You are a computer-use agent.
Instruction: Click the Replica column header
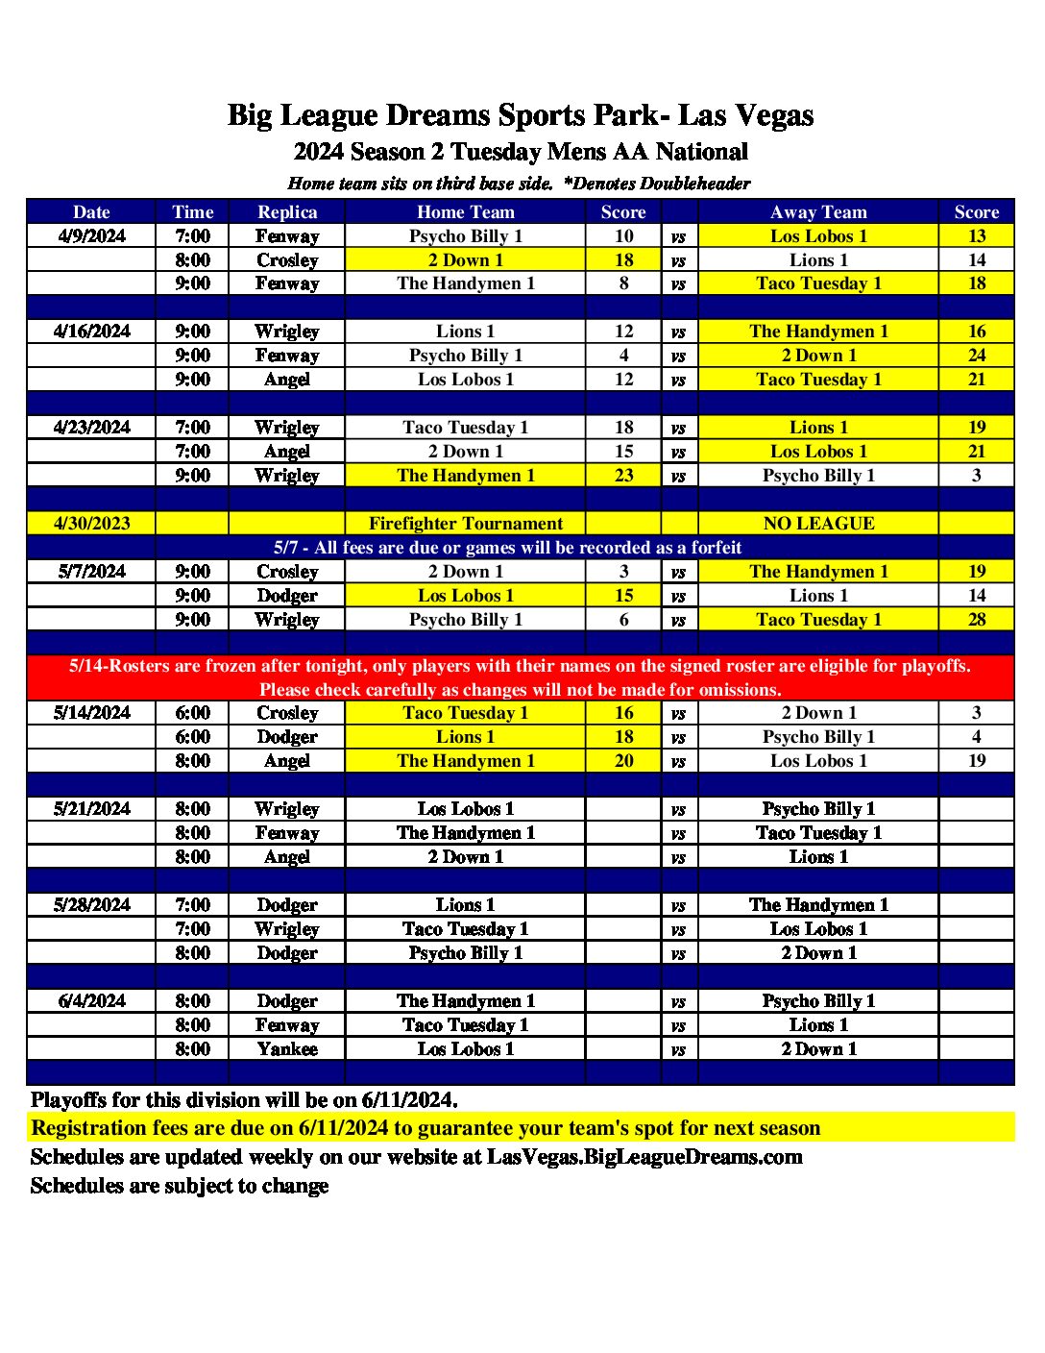click(287, 212)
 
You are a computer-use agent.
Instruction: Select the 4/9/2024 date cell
click(91, 236)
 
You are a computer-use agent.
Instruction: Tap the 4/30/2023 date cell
click(91, 524)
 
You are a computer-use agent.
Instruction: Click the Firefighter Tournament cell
click(465, 524)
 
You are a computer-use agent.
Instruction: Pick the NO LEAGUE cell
click(818, 524)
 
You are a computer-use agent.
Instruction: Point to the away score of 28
click(976, 620)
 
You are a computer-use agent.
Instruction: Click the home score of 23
click(623, 476)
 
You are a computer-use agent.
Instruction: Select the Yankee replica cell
click(287, 1049)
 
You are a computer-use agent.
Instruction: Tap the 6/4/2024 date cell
click(91, 1001)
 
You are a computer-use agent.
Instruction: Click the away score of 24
click(976, 356)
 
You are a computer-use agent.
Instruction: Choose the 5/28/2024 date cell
click(91, 905)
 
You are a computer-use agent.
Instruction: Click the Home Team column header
click(465, 212)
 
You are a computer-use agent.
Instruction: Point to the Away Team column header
click(818, 212)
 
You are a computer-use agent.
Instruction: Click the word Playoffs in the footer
click(68, 1100)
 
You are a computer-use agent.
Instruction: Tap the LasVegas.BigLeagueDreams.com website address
click(644, 1157)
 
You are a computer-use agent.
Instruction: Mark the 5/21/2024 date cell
click(91, 809)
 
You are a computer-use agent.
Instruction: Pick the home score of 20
click(623, 761)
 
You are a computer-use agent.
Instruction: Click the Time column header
click(192, 212)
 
